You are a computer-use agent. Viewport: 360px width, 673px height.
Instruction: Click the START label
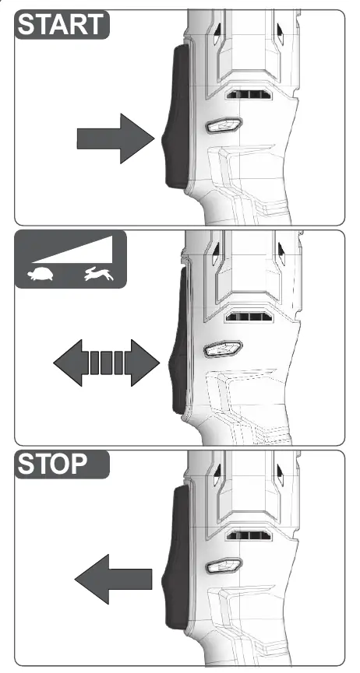pos(62,25)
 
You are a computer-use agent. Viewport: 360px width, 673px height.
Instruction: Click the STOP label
pos(52,464)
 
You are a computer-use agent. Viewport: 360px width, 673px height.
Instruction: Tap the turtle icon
pos(41,275)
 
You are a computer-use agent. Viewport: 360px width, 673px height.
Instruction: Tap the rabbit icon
pos(99,274)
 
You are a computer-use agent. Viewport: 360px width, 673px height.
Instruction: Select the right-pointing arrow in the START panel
pos(115,138)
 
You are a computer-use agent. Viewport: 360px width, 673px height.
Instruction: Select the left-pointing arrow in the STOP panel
pos(114,579)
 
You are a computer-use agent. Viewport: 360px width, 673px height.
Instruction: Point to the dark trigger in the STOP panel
pos(176,558)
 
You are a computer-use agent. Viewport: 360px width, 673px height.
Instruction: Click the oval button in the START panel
pos(224,125)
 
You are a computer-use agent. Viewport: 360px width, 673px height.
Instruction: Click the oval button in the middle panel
pos(224,349)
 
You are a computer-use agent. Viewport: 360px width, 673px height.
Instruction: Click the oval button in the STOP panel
pos(224,566)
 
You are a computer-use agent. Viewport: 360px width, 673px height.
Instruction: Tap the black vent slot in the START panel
pos(249,94)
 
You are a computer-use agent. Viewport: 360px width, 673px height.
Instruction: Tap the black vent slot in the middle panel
pos(249,317)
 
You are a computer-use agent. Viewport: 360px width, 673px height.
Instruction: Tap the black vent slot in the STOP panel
pos(249,535)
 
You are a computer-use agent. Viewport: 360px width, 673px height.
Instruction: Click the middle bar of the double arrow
pos(106,363)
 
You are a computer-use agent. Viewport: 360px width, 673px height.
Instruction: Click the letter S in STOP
pos(26,464)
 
